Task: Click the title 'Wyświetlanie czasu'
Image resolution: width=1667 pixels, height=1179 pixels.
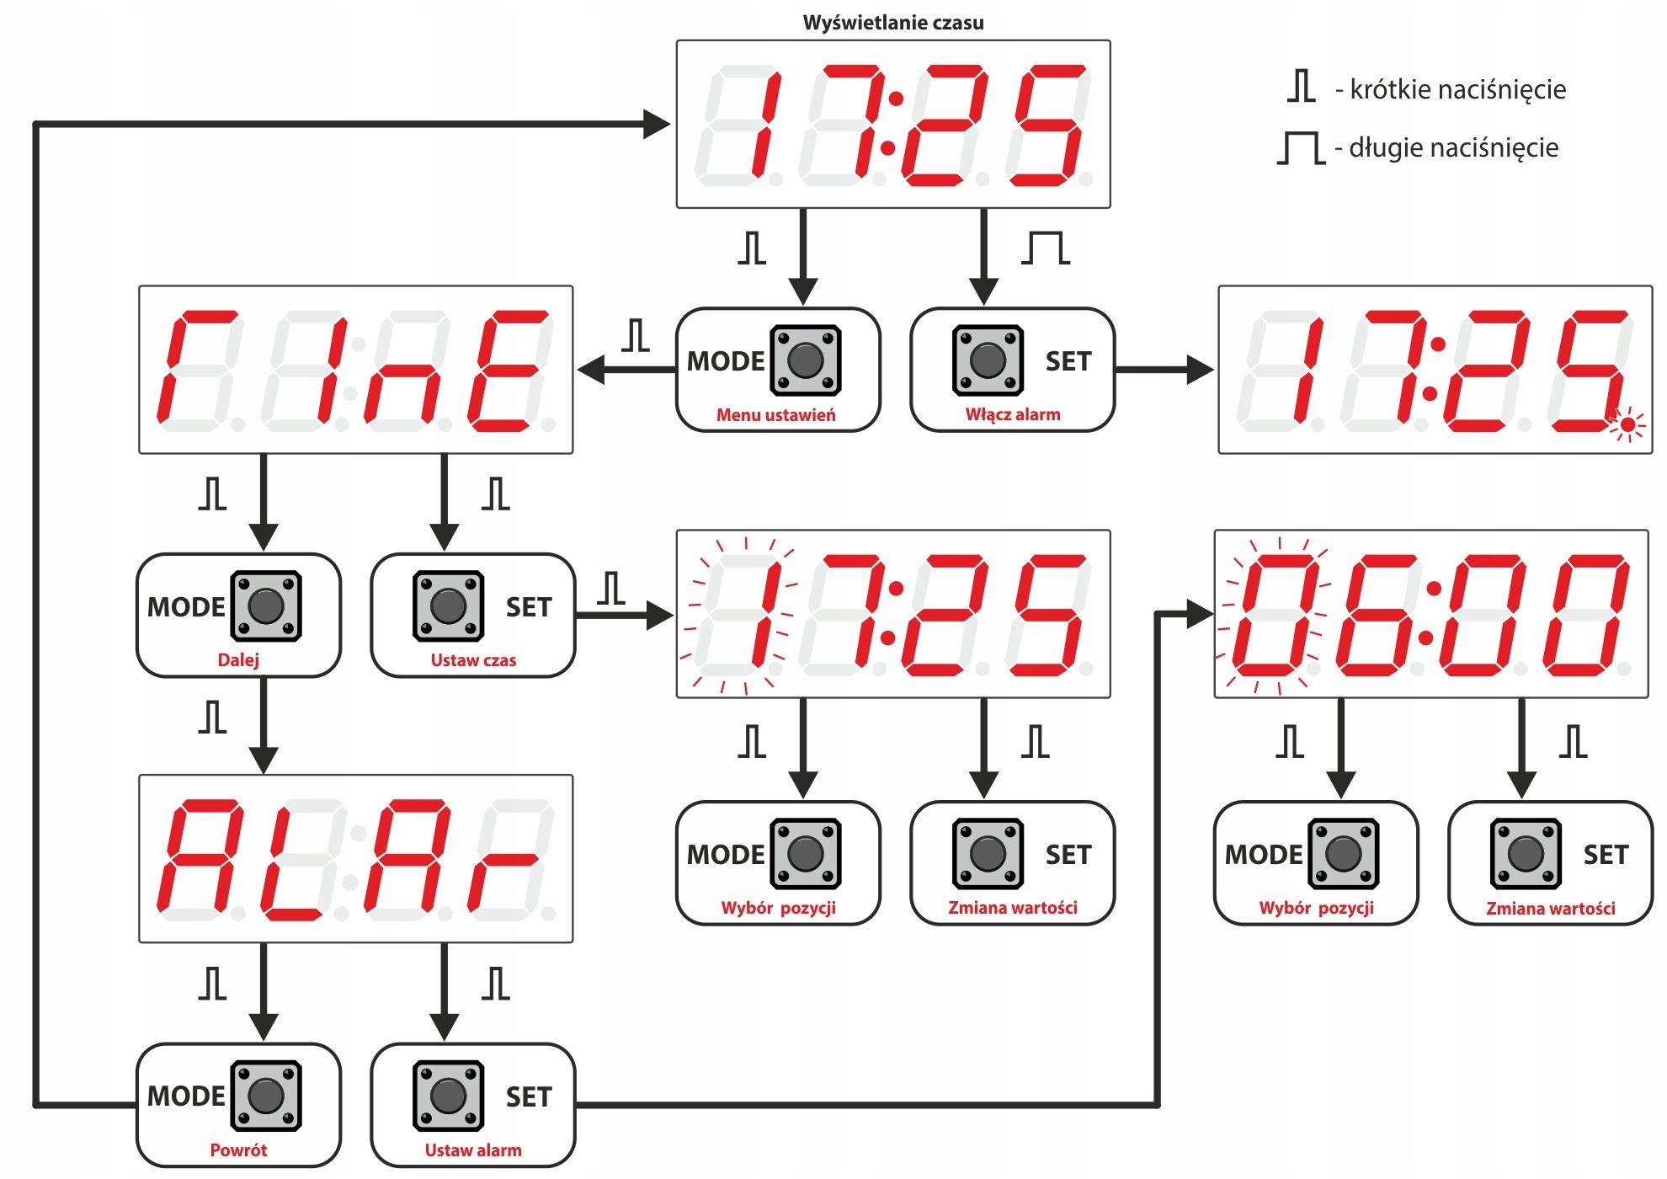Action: tap(892, 23)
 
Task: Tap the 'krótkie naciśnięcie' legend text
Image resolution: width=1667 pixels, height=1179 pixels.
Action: tap(1457, 89)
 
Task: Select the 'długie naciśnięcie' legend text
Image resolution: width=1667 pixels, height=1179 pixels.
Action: tap(1453, 148)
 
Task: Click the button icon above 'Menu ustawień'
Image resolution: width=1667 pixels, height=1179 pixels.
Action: tap(806, 360)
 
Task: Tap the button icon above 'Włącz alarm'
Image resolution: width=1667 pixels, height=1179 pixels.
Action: tap(988, 360)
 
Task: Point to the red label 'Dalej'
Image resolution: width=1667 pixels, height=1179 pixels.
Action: tap(238, 660)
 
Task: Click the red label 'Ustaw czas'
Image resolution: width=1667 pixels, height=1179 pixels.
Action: tap(473, 660)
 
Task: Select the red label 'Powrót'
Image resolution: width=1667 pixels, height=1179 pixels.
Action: tap(238, 1150)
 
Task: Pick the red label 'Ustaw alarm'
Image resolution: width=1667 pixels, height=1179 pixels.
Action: tap(473, 1150)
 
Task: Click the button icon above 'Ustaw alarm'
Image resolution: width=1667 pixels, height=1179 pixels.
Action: tap(448, 1096)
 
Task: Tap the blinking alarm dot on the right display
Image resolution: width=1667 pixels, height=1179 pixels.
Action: tap(1627, 426)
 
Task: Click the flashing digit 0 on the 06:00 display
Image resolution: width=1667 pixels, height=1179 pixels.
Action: tap(1271, 615)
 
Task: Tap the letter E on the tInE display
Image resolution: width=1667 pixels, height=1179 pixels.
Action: tap(505, 371)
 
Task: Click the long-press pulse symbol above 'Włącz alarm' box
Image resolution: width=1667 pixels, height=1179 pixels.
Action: tap(1046, 248)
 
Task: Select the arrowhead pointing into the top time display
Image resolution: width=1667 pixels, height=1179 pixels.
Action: tap(657, 125)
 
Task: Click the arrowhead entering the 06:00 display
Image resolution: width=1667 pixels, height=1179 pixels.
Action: tap(1199, 614)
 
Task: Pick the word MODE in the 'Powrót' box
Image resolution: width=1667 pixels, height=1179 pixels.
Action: tap(186, 1096)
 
